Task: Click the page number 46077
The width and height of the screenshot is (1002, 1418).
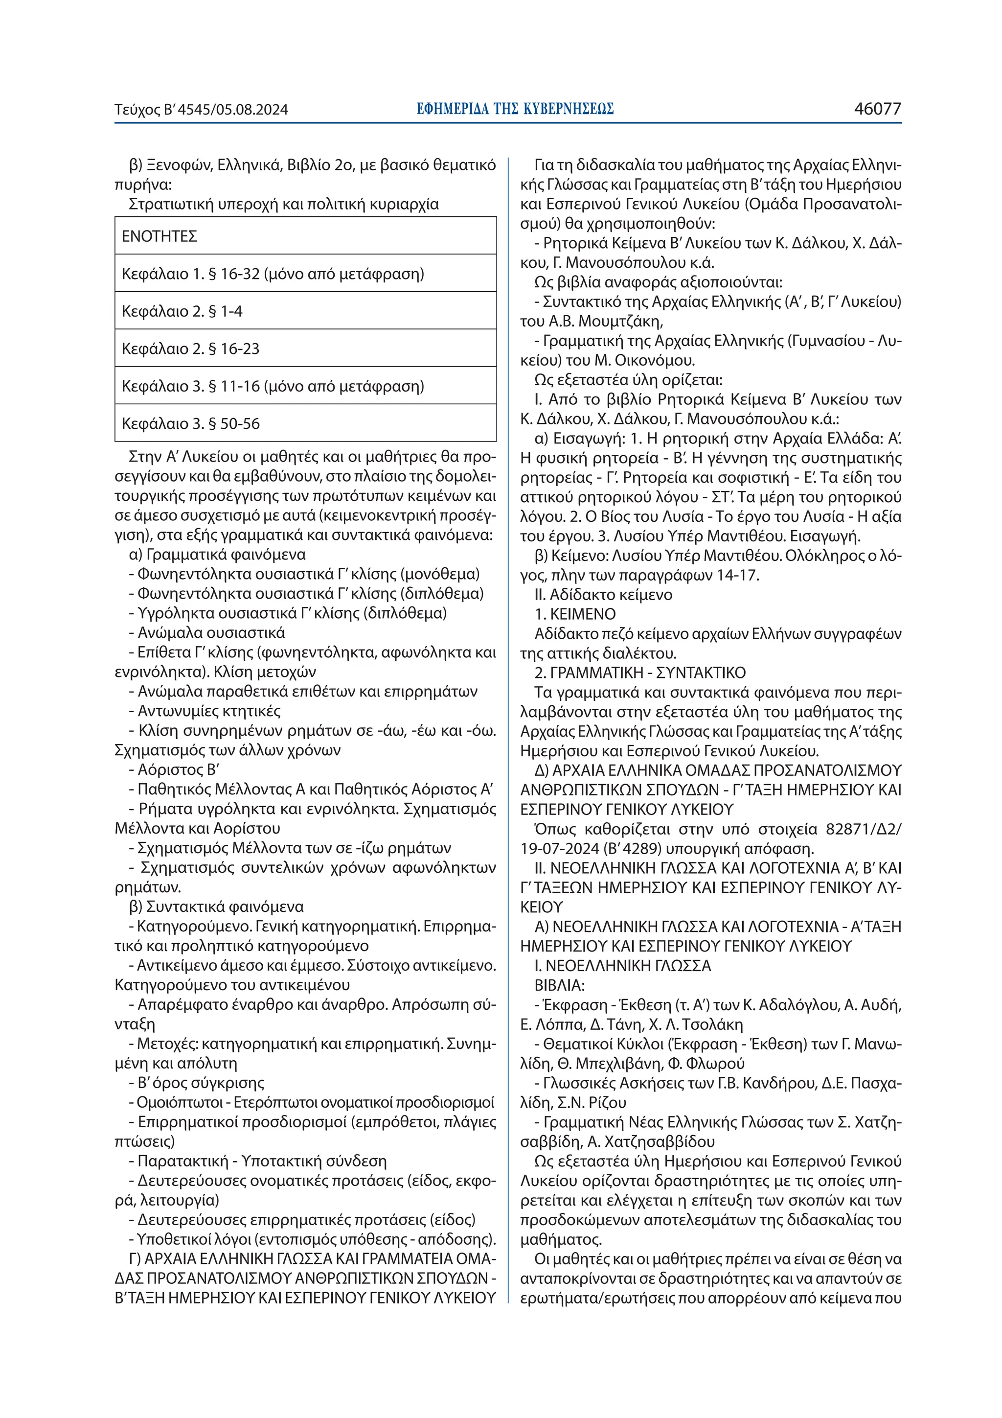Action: point(877,109)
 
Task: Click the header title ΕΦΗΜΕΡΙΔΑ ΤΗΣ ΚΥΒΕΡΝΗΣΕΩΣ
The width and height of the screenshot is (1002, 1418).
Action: point(515,109)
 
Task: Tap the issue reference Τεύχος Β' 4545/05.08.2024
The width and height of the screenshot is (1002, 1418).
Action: point(201,110)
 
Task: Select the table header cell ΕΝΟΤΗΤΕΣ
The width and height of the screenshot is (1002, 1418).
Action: point(159,236)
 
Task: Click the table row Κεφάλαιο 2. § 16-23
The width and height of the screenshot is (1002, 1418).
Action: point(191,349)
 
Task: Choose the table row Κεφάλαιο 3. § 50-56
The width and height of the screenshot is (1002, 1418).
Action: point(191,424)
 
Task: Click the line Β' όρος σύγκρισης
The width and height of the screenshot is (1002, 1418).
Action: point(201,1083)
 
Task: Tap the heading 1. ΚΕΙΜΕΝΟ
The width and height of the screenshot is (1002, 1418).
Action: point(575,614)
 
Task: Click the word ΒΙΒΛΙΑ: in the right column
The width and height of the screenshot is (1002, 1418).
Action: point(559,985)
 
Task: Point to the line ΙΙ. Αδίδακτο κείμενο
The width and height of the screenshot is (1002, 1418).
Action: point(603,594)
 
